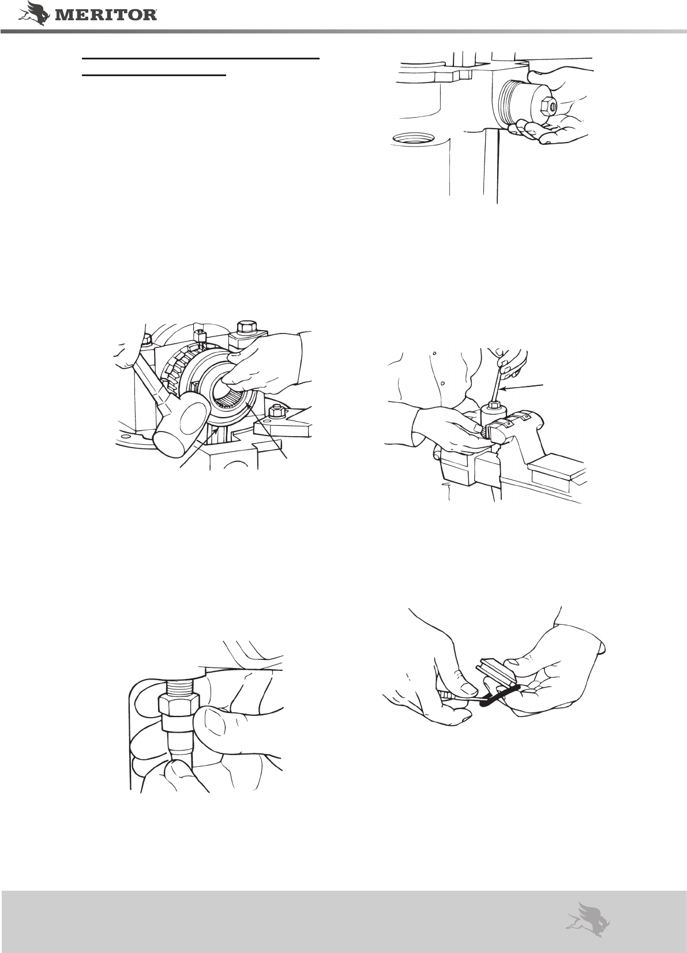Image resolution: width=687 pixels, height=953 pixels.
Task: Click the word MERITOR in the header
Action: click(x=106, y=16)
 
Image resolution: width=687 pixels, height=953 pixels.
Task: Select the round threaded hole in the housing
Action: click(x=413, y=138)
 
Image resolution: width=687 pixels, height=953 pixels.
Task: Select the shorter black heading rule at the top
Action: click(x=153, y=75)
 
